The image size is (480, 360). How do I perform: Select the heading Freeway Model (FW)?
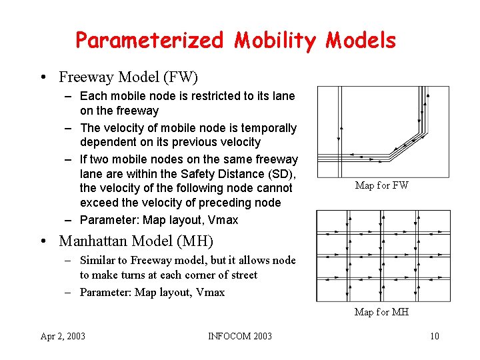[128, 77]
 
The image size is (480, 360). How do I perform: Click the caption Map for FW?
[381, 185]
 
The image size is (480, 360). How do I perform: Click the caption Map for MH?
[381, 312]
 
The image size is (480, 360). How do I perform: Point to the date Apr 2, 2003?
[63, 336]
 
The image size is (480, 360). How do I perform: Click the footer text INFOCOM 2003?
[240, 336]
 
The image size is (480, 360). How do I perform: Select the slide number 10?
[434, 336]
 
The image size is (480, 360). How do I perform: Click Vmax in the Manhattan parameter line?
[210, 292]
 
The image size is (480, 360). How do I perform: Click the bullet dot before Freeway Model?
[43, 77]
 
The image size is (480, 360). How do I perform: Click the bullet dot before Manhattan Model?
[43, 241]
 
